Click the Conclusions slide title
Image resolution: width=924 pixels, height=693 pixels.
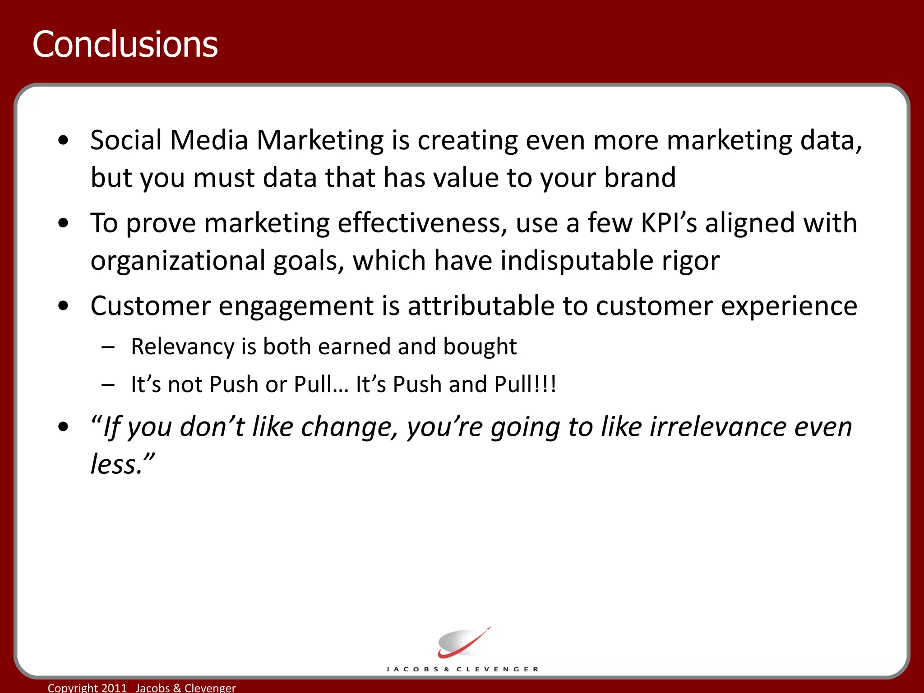125,44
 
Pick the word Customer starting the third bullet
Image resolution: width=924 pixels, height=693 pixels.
150,306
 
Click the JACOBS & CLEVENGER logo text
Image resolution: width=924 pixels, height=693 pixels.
462,669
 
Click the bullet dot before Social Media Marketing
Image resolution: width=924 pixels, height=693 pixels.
64,140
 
